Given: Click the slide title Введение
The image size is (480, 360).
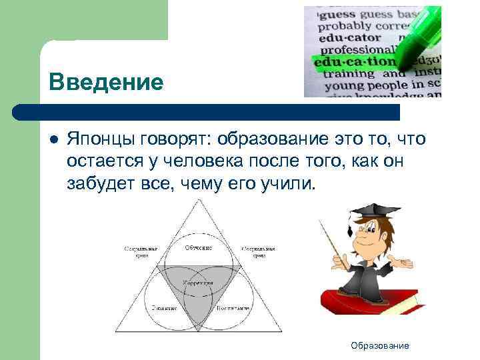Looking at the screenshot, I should pyautogui.click(x=105, y=83).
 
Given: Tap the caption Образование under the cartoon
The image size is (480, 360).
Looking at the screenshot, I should pyautogui.click(x=380, y=345).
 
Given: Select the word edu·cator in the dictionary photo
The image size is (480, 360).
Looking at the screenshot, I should pyautogui.click(x=351, y=39).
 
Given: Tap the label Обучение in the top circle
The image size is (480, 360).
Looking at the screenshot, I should pyautogui.click(x=198, y=248).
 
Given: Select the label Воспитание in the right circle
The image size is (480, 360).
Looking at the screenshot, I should pyautogui.click(x=233, y=309).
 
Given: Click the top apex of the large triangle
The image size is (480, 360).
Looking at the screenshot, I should pyautogui.click(x=199, y=202).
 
